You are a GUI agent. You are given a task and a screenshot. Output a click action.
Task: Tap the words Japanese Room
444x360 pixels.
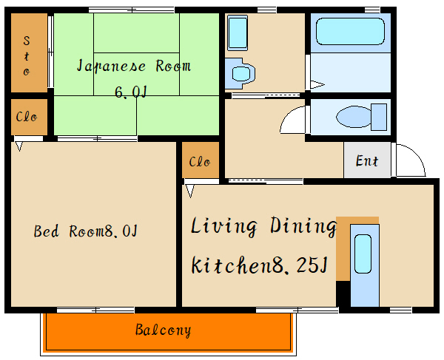(134, 66)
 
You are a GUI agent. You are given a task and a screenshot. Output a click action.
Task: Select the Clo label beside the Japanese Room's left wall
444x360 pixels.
(27, 118)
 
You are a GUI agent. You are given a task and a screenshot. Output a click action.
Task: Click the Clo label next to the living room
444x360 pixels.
(200, 161)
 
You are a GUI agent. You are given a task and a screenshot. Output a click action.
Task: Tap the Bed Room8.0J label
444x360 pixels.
(85, 231)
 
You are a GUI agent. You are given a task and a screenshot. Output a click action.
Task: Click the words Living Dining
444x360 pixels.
(263, 225)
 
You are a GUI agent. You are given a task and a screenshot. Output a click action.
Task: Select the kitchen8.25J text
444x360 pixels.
(259, 265)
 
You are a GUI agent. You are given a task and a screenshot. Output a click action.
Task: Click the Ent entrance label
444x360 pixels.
(367, 160)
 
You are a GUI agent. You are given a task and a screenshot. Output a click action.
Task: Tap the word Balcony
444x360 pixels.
(163, 330)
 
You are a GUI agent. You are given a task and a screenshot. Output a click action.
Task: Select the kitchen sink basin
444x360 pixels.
(363, 255)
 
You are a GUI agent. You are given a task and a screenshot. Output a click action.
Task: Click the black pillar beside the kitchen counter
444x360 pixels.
(343, 293)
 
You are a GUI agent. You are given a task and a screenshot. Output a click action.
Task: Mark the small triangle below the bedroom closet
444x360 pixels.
(18, 146)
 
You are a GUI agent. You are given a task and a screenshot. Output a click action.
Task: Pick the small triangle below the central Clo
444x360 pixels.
(190, 191)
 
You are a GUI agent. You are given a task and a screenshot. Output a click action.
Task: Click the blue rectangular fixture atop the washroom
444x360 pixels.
(237, 33)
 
